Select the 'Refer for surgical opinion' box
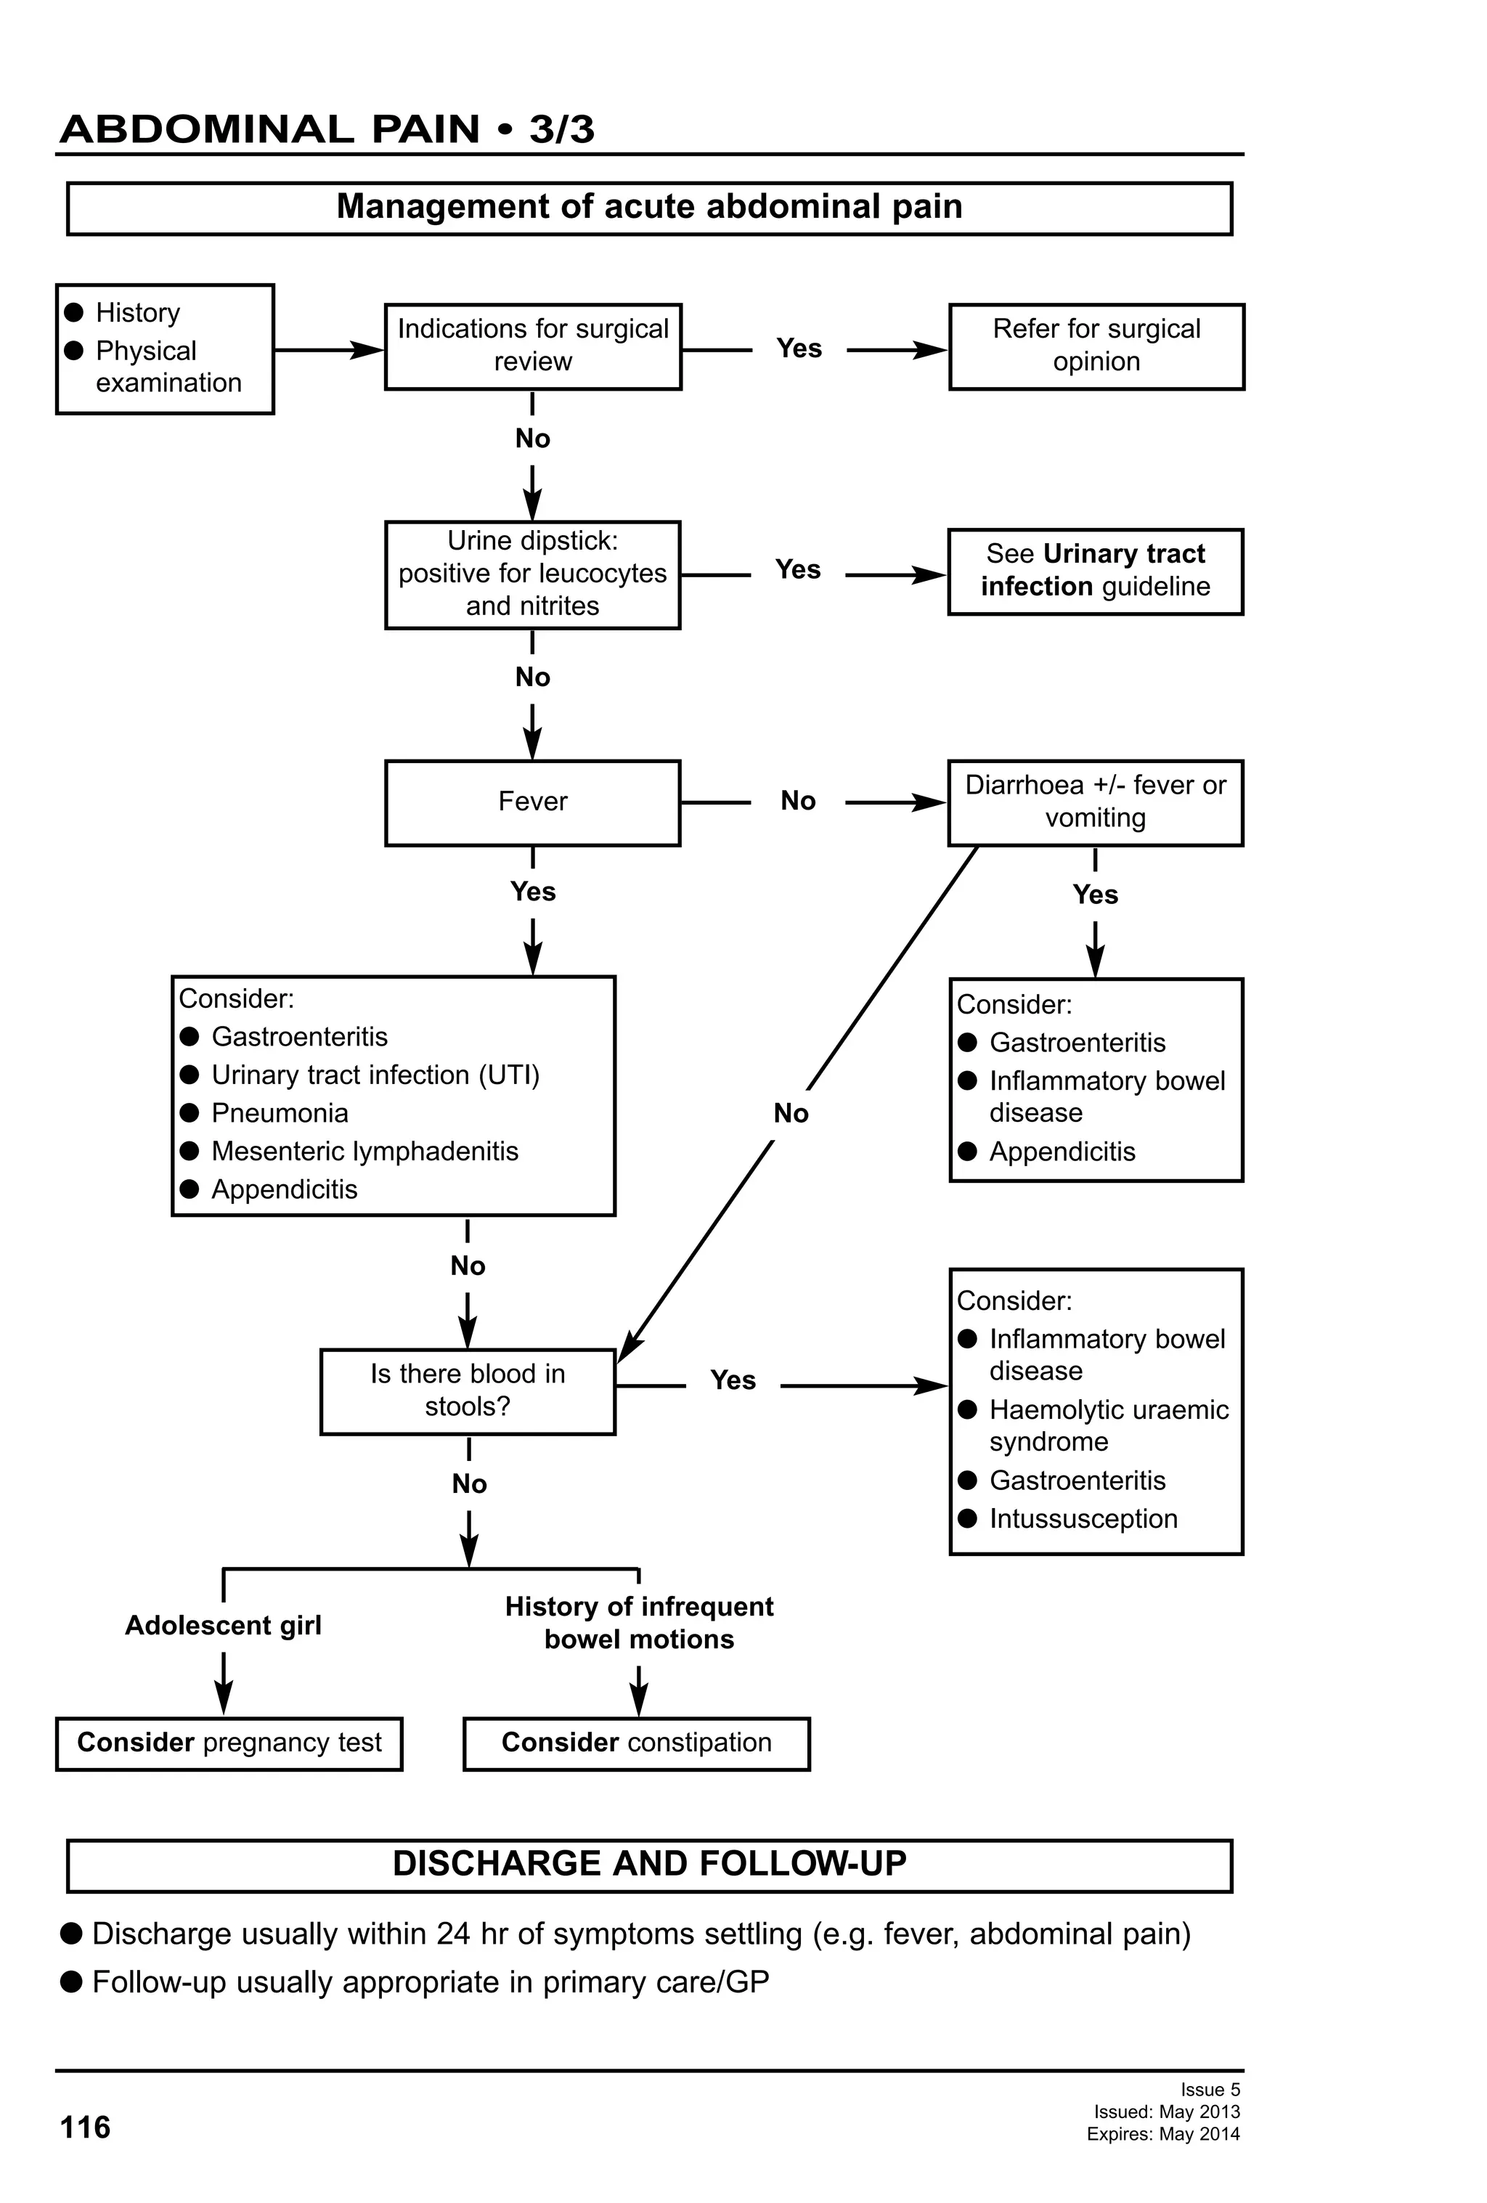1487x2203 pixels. point(1096,346)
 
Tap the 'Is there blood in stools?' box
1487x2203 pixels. point(468,1390)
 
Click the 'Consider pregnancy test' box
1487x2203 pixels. point(229,1743)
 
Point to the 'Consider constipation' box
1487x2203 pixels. point(636,1743)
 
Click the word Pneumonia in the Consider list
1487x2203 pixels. point(280,1113)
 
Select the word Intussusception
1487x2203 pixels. point(1083,1518)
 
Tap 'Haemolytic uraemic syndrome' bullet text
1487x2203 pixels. point(1108,1425)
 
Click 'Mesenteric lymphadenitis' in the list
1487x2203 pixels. point(365,1151)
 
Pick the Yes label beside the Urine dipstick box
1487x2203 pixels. point(797,570)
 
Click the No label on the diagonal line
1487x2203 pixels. point(791,1113)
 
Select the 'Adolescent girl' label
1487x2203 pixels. point(224,1626)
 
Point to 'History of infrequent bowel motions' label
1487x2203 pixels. point(639,1623)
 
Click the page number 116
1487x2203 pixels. point(85,2128)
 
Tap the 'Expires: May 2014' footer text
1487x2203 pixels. point(1163,2134)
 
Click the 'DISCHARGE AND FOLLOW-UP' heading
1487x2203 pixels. point(649,1864)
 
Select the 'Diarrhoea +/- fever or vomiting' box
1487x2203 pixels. point(1095,802)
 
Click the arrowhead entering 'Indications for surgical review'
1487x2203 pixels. point(370,350)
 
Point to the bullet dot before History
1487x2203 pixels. point(74,313)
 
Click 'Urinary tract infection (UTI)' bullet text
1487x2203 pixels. point(375,1075)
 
